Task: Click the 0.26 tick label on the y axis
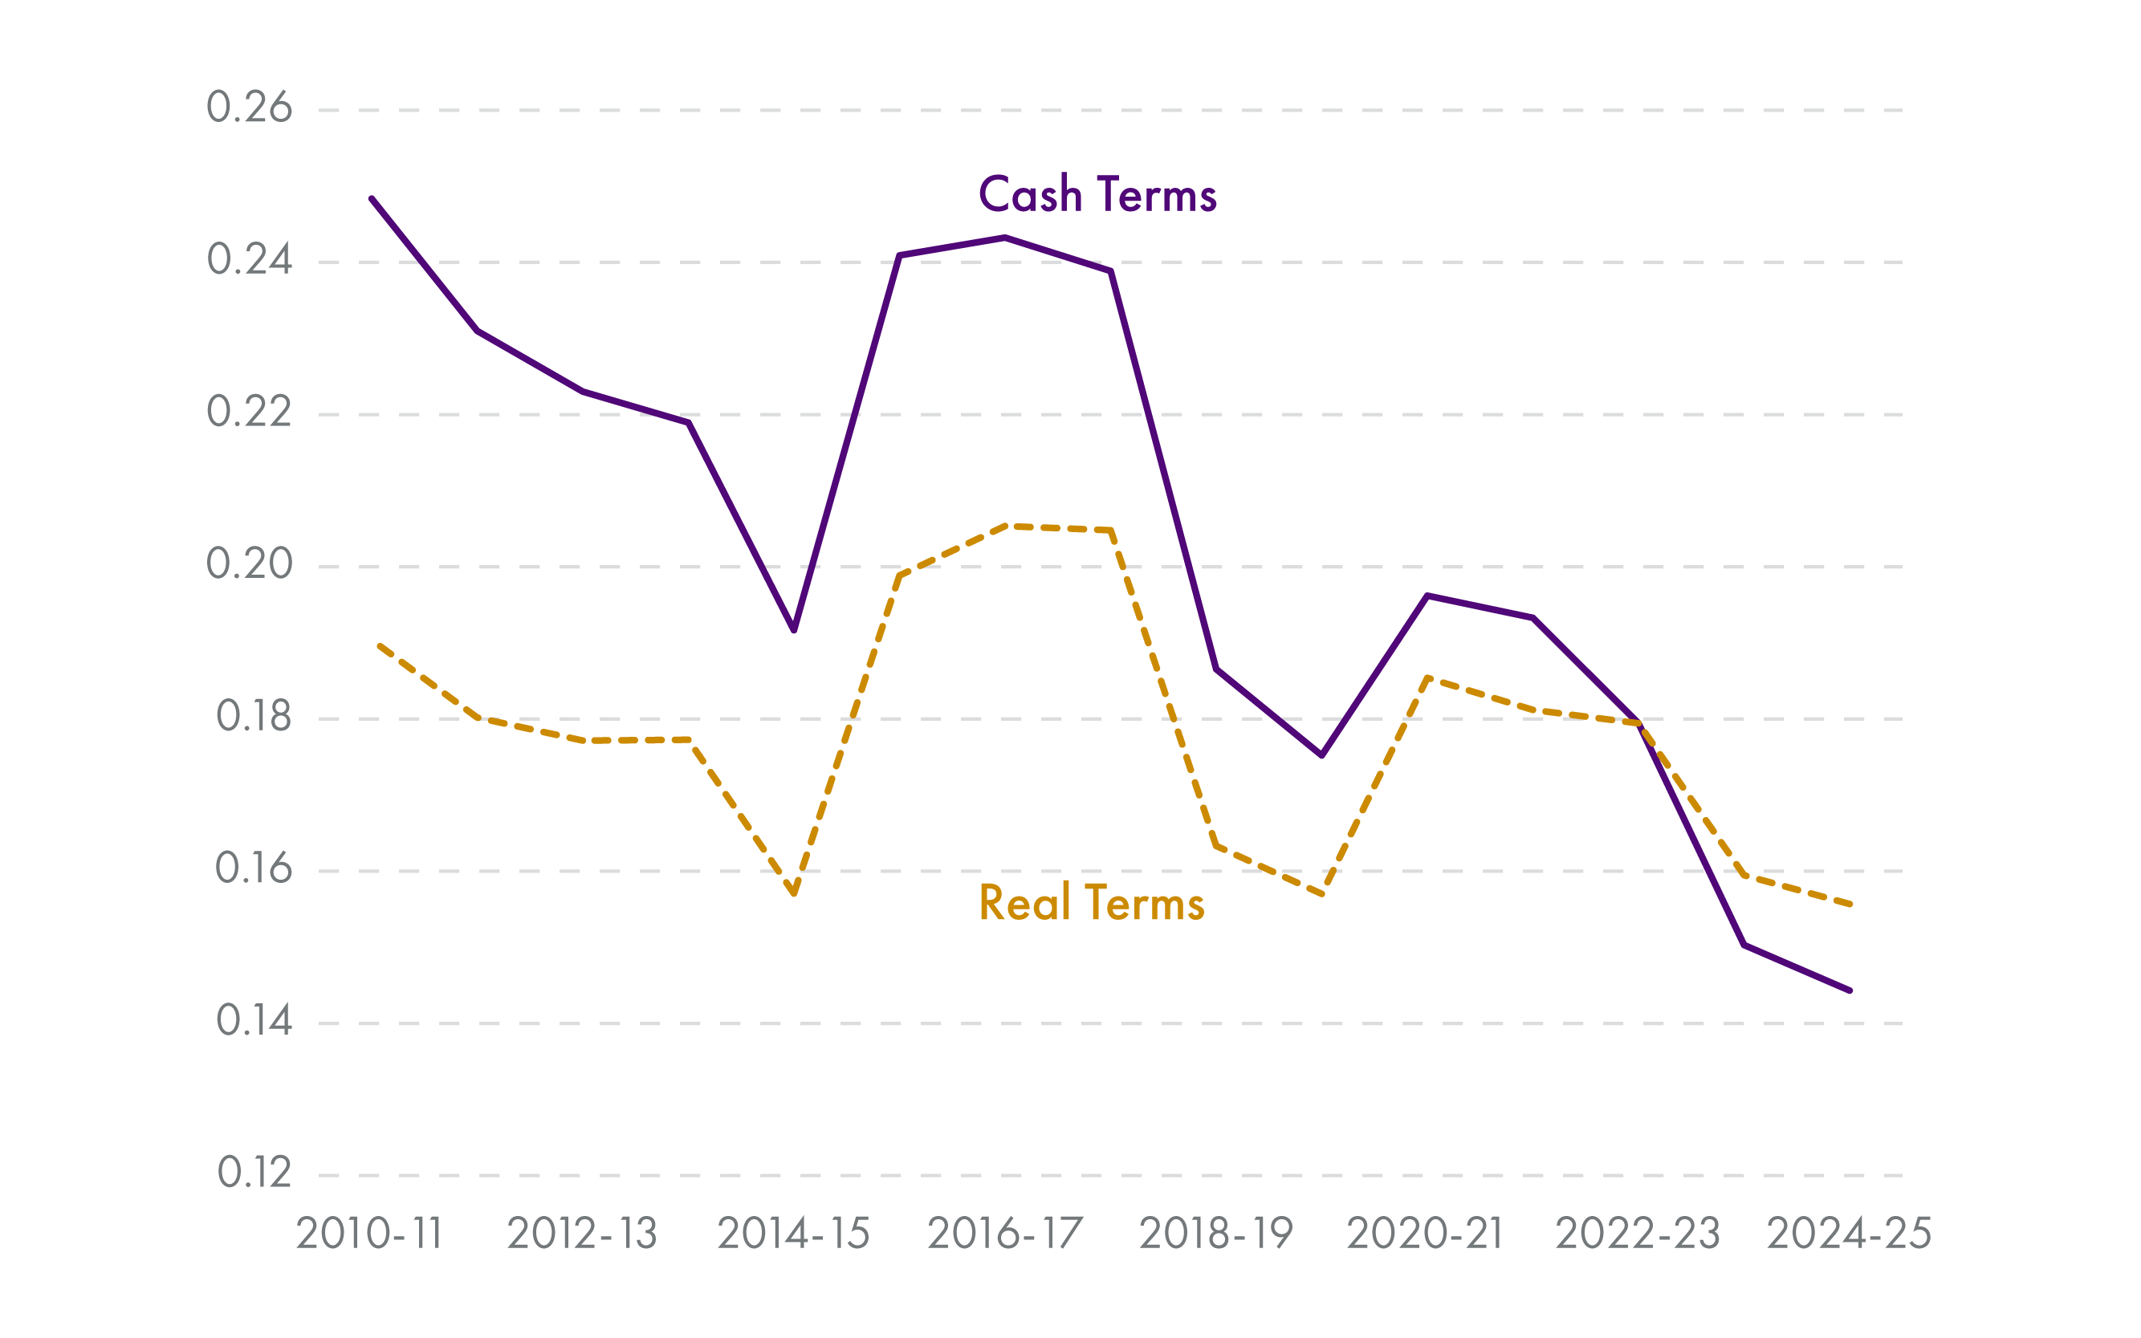pyautogui.click(x=249, y=108)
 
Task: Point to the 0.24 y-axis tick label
pyautogui.click(x=249, y=260)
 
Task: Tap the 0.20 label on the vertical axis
pyautogui.click(x=249, y=564)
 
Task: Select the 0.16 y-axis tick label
pyautogui.click(x=253, y=869)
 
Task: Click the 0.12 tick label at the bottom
pyautogui.click(x=254, y=1173)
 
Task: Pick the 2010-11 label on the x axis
pyautogui.click(x=369, y=1234)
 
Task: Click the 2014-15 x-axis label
pyautogui.click(x=793, y=1234)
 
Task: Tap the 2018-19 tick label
pyautogui.click(x=1216, y=1234)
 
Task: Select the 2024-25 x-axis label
pyautogui.click(x=1849, y=1234)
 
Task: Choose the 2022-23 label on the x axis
pyautogui.click(x=1638, y=1234)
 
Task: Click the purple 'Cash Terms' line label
pyautogui.click(x=1097, y=195)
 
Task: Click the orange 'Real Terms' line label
pyautogui.click(x=1091, y=904)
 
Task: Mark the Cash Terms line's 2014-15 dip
pyautogui.click(x=794, y=630)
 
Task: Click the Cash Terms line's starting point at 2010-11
pyautogui.click(x=372, y=199)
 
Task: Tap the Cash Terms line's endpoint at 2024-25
pyautogui.click(x=1850, y=990)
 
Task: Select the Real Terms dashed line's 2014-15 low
pyautogui.click(x=794, y=894)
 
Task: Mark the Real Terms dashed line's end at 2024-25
pyautogui.click(x=1850, y=905)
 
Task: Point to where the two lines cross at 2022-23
pyautogui.click(x=1639, y=724)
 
